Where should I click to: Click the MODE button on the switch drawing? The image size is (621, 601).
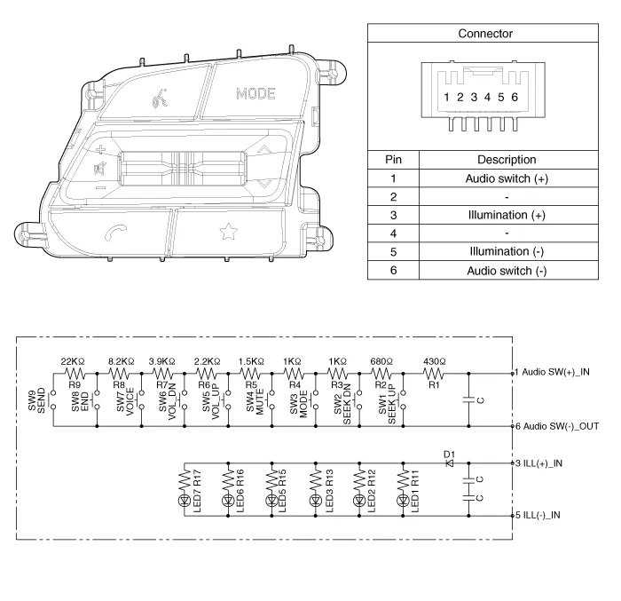click(x=255, y=93)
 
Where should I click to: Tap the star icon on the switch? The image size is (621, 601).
click(x=228, y=232)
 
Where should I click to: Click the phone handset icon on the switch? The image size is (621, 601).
click(x=115, y=233)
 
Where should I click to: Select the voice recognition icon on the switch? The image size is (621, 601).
click(x=159, y=99)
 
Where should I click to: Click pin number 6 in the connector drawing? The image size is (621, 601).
click(x=515, y=97)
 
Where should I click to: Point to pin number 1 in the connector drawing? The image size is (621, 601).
click(x=446, y=97)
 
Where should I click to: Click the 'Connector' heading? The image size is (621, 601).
click(x=485, y=34)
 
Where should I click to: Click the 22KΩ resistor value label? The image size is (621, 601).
click(x=73, y=361)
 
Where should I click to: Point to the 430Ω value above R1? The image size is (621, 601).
click(x=434, y=361)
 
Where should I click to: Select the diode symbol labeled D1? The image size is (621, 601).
click(x=450, y=463)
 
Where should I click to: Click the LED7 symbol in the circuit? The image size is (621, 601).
click(x=185, y=501)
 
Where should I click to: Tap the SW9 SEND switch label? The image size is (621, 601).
click(x=36, y=400)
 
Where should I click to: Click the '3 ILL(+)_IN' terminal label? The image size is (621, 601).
click(x=538, y=463)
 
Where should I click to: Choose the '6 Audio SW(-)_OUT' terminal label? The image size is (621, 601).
click(x=557, y=427)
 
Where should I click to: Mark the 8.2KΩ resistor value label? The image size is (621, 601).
click(x=122, y=361)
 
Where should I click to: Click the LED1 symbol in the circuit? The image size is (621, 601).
click(x=403, y=501)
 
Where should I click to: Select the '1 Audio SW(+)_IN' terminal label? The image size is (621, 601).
click(x=552, y=372)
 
